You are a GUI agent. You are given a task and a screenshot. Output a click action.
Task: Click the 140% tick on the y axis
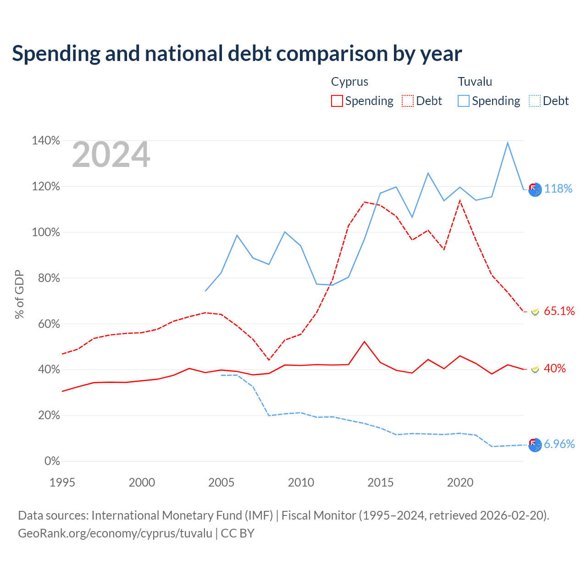click(46, 140)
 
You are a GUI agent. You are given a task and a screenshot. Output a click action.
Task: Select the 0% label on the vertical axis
click(52, 461)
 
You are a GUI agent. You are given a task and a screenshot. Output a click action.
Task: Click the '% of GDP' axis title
click(19, 294)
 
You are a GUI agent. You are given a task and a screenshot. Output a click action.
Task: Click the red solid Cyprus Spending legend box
click(337, 101)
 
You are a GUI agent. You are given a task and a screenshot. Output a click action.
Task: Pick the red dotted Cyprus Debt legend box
click(407, 101)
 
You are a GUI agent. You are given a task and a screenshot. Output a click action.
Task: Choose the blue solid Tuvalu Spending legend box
click(463, 101)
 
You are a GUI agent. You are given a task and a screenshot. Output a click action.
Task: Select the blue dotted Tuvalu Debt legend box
click(534, 101)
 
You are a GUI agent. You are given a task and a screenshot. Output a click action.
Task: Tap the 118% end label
click(558, 188)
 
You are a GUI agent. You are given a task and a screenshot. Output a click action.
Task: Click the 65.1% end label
click(559, 311)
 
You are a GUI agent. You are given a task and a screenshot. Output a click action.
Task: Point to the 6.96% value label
click(559, 444)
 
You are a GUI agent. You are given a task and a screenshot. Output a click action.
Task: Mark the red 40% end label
click(555, 368)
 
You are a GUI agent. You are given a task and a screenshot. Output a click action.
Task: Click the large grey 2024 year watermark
click(111, 154)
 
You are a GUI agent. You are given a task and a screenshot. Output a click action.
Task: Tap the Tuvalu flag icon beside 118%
click(535, 189)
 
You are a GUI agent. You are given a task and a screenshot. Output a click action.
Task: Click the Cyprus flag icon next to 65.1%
click(535, 312)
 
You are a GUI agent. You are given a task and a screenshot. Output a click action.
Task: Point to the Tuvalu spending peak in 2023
click(508, 143)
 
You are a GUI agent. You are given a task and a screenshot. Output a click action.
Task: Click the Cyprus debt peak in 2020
click(460, 201)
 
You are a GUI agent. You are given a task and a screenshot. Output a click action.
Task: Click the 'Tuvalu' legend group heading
click(475, 82)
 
